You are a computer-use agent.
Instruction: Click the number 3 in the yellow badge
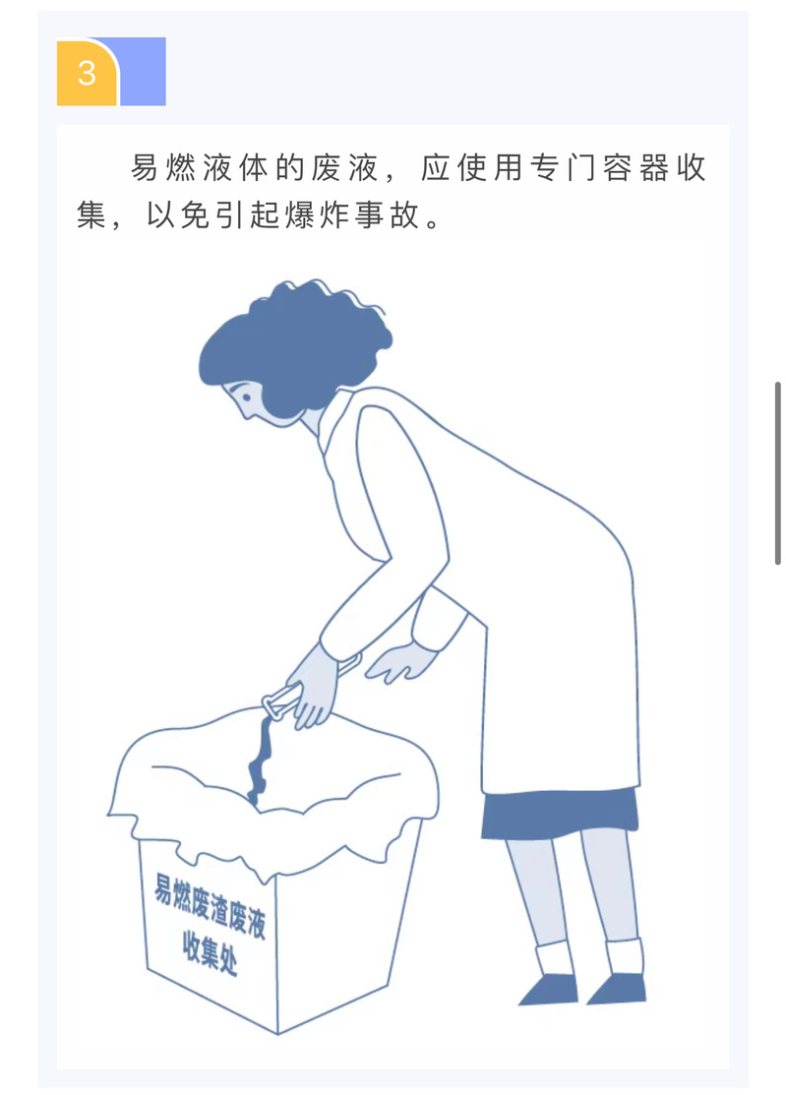[87, 74]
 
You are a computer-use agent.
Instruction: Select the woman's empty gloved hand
[402, 661]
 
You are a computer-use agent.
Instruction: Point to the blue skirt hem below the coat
[560, 814]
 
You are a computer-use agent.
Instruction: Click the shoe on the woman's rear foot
[618, 989]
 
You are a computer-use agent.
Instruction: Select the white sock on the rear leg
[625, 956]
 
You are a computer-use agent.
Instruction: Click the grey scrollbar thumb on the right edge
[777, 473]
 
